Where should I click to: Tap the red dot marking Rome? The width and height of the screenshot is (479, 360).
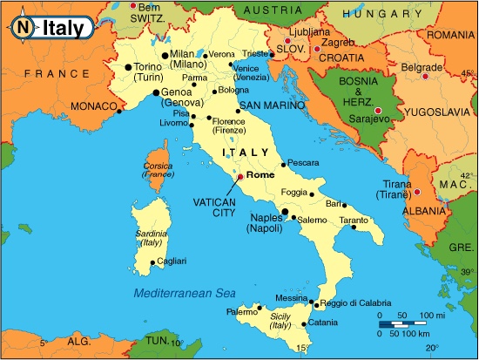click(240, 176)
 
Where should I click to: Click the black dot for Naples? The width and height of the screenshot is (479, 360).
click(285, 211)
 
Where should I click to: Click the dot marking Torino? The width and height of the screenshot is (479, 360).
click(128, 66)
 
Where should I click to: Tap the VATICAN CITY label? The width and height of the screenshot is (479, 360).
click(214, 206)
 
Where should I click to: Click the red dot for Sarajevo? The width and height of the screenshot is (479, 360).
click(379, 110)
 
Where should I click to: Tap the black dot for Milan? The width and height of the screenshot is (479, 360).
click(165, 55)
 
